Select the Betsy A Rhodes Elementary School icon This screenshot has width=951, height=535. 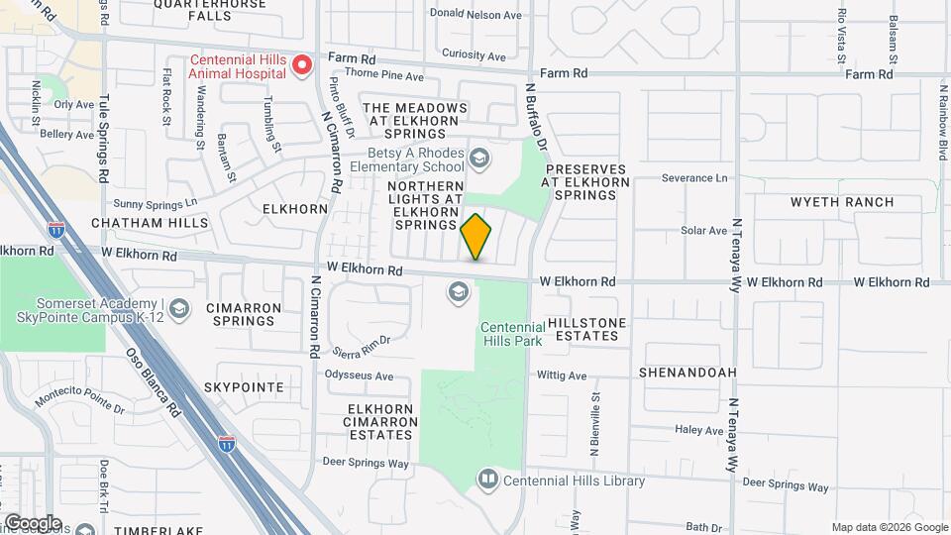click(479, 159)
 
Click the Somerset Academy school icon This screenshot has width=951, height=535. click(178, 309)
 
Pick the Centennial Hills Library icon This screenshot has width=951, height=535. click(487, 481)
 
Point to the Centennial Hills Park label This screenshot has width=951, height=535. click(511, 335)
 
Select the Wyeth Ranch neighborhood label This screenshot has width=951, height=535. click(841, 202)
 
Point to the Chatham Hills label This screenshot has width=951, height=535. click(150, 224)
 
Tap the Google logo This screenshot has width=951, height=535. click(33, 522)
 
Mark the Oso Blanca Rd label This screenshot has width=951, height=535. click(154, 380)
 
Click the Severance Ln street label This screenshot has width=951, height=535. click(694, 178)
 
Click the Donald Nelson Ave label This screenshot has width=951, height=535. click(475, 15)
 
